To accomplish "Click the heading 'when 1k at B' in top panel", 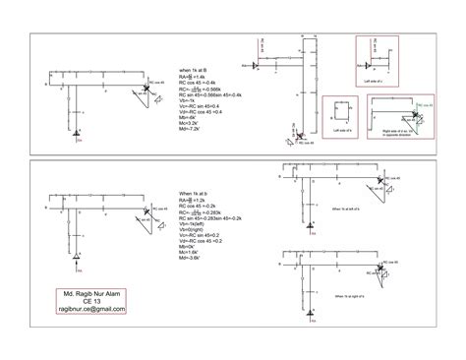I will pyautogui.click(x=195, y=70).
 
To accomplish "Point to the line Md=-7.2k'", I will pyautogui.click(x=190, y=128).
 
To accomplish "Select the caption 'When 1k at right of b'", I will pyautogui.click(x=352, y=295).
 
